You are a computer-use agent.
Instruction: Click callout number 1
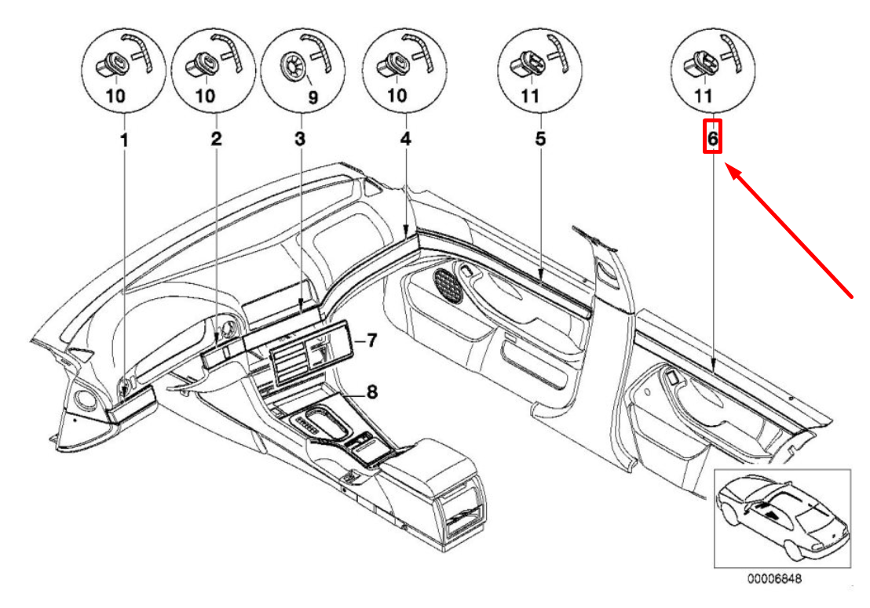[122, 140]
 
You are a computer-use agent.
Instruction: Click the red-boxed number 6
[712, 138]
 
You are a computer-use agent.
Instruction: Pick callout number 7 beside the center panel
[371, 341]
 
